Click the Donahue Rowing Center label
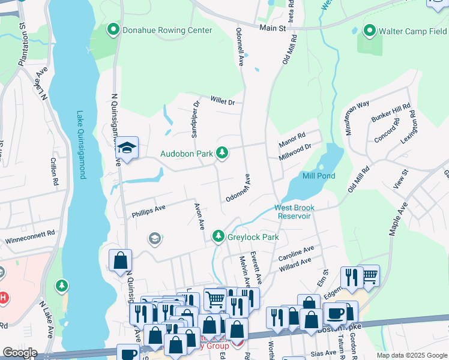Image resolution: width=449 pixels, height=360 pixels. (x=167, y=30)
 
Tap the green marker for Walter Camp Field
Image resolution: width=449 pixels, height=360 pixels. (x=369, y=30)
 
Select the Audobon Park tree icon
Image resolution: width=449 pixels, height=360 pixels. (x=222, y=154)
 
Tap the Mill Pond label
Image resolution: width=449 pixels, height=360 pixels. (x=319, y=176)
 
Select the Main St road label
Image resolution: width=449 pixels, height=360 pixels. (x=274, y=27)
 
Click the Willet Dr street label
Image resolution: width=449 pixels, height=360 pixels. (x=222, y=101)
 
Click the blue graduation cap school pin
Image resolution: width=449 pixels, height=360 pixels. (x=127, y=147)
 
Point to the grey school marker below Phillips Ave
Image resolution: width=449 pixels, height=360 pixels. (x=155, y=239)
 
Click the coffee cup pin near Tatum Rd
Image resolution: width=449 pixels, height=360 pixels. (x=335, y=312)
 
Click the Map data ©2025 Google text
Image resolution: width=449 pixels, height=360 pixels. (x=411, y=355)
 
